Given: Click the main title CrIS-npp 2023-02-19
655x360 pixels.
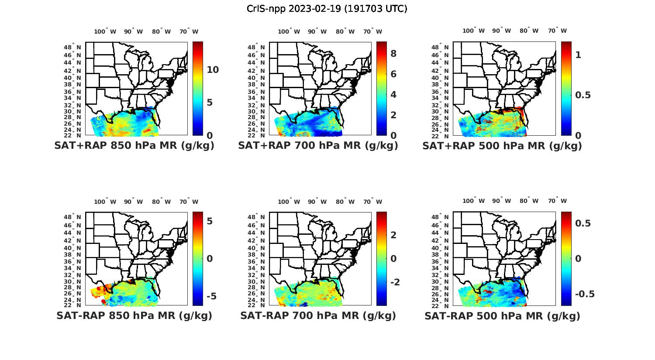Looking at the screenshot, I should click(327, 8).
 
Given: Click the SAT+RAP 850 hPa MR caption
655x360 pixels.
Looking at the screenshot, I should click(134, 146).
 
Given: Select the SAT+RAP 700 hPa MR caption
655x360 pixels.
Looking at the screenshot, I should click(318, 146).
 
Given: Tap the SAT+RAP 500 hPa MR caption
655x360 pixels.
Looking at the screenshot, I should click(502, 146).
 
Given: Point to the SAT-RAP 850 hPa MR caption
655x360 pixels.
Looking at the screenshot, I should click(134, 315).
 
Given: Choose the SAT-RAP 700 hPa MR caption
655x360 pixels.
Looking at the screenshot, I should click(318, 315).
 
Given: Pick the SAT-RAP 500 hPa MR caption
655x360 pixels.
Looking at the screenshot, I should click(502, 315).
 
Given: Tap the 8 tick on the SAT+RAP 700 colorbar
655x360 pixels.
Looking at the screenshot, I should click(393, 54).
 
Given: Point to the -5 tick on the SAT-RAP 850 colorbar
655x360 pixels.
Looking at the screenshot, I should click(210, 296).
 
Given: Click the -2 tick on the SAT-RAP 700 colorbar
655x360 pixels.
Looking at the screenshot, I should click(395, 282).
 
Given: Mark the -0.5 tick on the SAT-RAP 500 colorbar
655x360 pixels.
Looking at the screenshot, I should click(585, 294).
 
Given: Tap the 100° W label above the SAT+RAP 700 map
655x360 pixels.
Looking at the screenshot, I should click(289, 31).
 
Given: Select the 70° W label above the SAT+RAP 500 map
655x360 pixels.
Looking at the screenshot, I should click(557, 31).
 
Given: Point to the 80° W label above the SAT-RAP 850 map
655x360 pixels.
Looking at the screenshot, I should click(162, 202).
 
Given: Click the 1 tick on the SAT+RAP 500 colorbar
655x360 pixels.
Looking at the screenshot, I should click(578, 55).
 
